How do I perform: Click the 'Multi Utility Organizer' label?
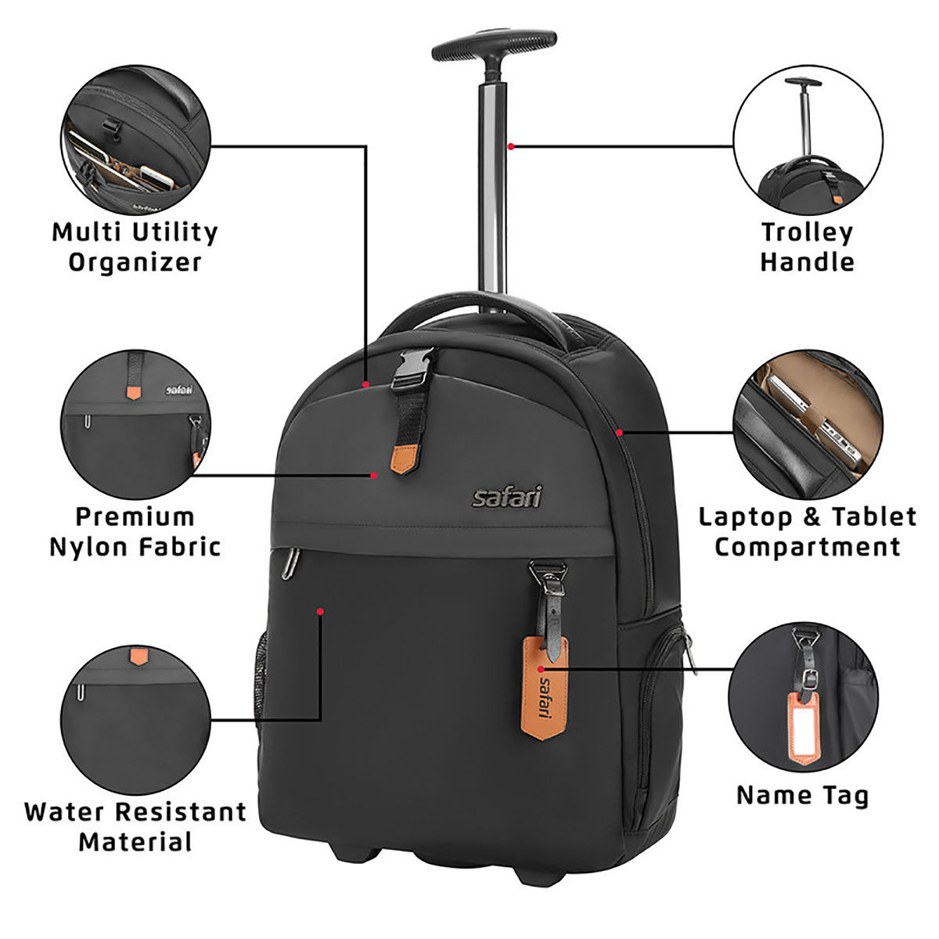coord(135,246)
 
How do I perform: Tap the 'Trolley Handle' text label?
coord(807,246)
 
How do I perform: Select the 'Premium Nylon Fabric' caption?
coord(135,531)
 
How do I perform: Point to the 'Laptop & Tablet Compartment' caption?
coord(807,531)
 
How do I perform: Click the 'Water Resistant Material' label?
coord(135,826)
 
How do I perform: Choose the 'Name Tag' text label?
coord(802,796)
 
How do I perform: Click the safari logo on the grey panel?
coord(506,497)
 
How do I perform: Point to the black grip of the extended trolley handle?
coord(494,45)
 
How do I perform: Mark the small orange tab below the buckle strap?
coord(405,461)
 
